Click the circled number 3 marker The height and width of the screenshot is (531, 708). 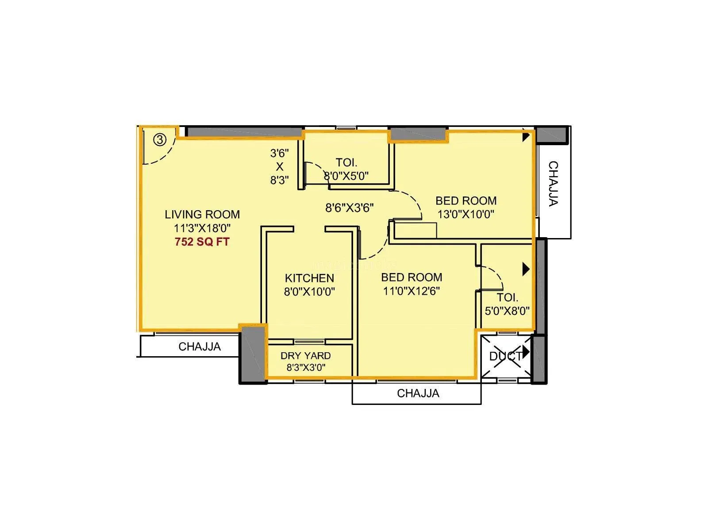coord(160,140)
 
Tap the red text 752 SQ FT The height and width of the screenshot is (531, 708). coord(202,242)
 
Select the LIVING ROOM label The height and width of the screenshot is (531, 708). coord(202,215)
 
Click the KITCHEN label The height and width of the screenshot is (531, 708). coord(309,278)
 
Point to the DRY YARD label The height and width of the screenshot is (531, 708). coord(305,356)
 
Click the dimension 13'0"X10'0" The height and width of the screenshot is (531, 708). coord(466,215)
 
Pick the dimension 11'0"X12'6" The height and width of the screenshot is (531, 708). coord(412,291)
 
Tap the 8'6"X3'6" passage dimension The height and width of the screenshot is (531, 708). coord(350,208)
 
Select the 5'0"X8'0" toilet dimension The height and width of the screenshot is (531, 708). coord(507,311)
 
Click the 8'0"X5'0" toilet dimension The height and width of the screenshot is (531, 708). coord(346,176)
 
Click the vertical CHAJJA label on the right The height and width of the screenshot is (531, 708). coord(553,183)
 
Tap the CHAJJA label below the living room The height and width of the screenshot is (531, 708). coord(200,346)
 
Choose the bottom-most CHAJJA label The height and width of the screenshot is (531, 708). coord(418,393)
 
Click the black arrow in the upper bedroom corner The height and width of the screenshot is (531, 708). coord(525,136)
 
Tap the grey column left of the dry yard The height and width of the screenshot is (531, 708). coord(253,354)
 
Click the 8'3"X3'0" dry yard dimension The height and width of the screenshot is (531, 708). coord(306,367)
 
